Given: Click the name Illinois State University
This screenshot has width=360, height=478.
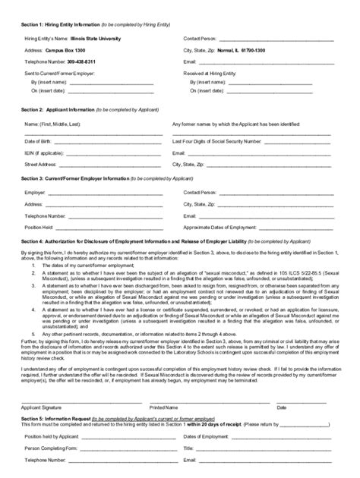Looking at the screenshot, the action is coord(94,36).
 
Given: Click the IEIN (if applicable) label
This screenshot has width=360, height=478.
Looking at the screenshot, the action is coord(43,152).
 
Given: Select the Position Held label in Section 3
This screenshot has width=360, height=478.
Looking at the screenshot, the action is coord(38,227).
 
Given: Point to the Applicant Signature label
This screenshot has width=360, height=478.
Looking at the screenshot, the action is coord(41,406).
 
